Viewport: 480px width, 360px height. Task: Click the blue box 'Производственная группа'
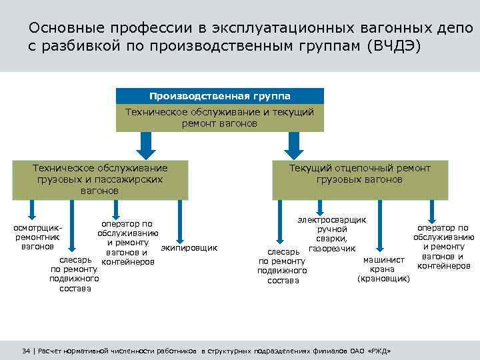[x=219, y=95]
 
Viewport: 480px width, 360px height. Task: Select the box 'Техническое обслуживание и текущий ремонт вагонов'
[x=219, y=118]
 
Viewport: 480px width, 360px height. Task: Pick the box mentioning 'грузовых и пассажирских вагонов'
[x=100, y=179]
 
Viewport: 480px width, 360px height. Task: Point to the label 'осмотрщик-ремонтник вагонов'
[x=33, y=237]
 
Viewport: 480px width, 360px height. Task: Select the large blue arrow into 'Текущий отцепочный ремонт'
[x=292, y=143]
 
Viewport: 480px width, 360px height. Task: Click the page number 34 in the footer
[x=27, y=351]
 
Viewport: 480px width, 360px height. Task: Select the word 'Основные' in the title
[x=61, y=29]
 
